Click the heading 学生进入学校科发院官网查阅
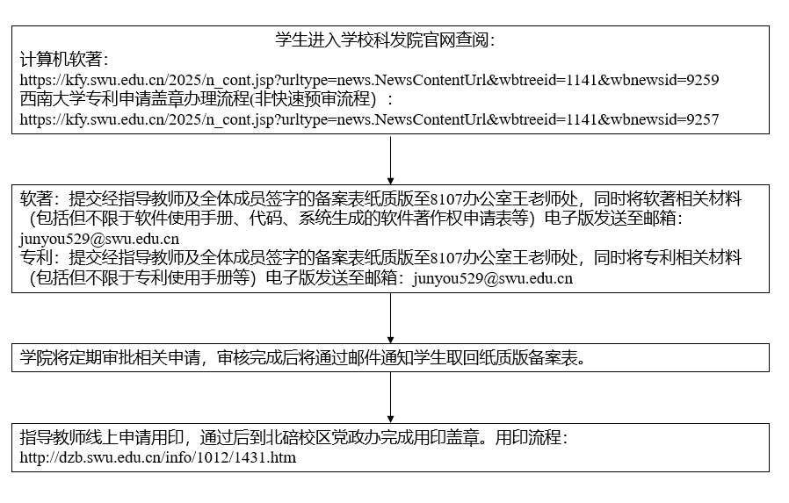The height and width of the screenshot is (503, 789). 385,40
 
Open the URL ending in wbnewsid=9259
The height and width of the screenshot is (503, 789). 369,80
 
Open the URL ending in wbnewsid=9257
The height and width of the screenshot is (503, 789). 369,119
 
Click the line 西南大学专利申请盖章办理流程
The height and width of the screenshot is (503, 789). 198,99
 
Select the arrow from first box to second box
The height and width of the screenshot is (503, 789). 390,159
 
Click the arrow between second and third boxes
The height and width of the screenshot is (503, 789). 390,318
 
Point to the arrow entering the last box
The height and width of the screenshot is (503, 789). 390,398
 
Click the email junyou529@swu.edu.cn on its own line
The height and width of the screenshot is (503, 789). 99,239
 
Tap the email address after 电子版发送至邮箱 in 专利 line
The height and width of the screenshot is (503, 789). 493,278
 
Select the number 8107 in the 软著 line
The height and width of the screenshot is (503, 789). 446,199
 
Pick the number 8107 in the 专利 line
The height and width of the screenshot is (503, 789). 446,258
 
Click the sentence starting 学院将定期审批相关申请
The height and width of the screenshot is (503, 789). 303,358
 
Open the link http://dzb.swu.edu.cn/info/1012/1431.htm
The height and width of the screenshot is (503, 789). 158,457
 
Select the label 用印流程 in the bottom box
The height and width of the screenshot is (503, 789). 528,437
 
